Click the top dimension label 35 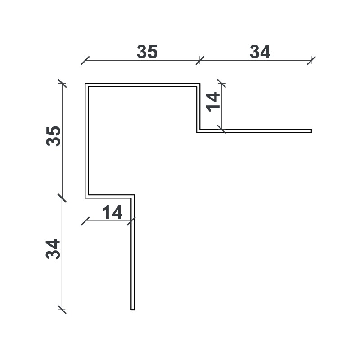pos(147,51)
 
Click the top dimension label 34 pos(260,51)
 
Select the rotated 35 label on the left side pos(54,136)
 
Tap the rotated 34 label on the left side pos(53,249)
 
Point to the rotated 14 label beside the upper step pos(213,102)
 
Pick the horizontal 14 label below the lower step pos(112,212)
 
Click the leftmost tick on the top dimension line pos(85,61)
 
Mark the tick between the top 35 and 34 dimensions pos(200,61)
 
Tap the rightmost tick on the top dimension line pos(311,61)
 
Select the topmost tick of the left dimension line pos(62,83)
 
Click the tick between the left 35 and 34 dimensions pos(62,198)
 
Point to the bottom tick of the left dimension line pos(62,310)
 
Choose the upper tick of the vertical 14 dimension pos(221,83)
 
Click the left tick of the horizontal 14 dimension pos(85,221)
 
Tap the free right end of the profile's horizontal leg pos(311,131)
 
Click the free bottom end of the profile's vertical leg pos(133,310)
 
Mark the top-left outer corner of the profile pos(85,83)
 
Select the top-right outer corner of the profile pos(200,83)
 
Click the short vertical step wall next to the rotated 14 pos(198,108)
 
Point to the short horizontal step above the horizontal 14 pos(110,196)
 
